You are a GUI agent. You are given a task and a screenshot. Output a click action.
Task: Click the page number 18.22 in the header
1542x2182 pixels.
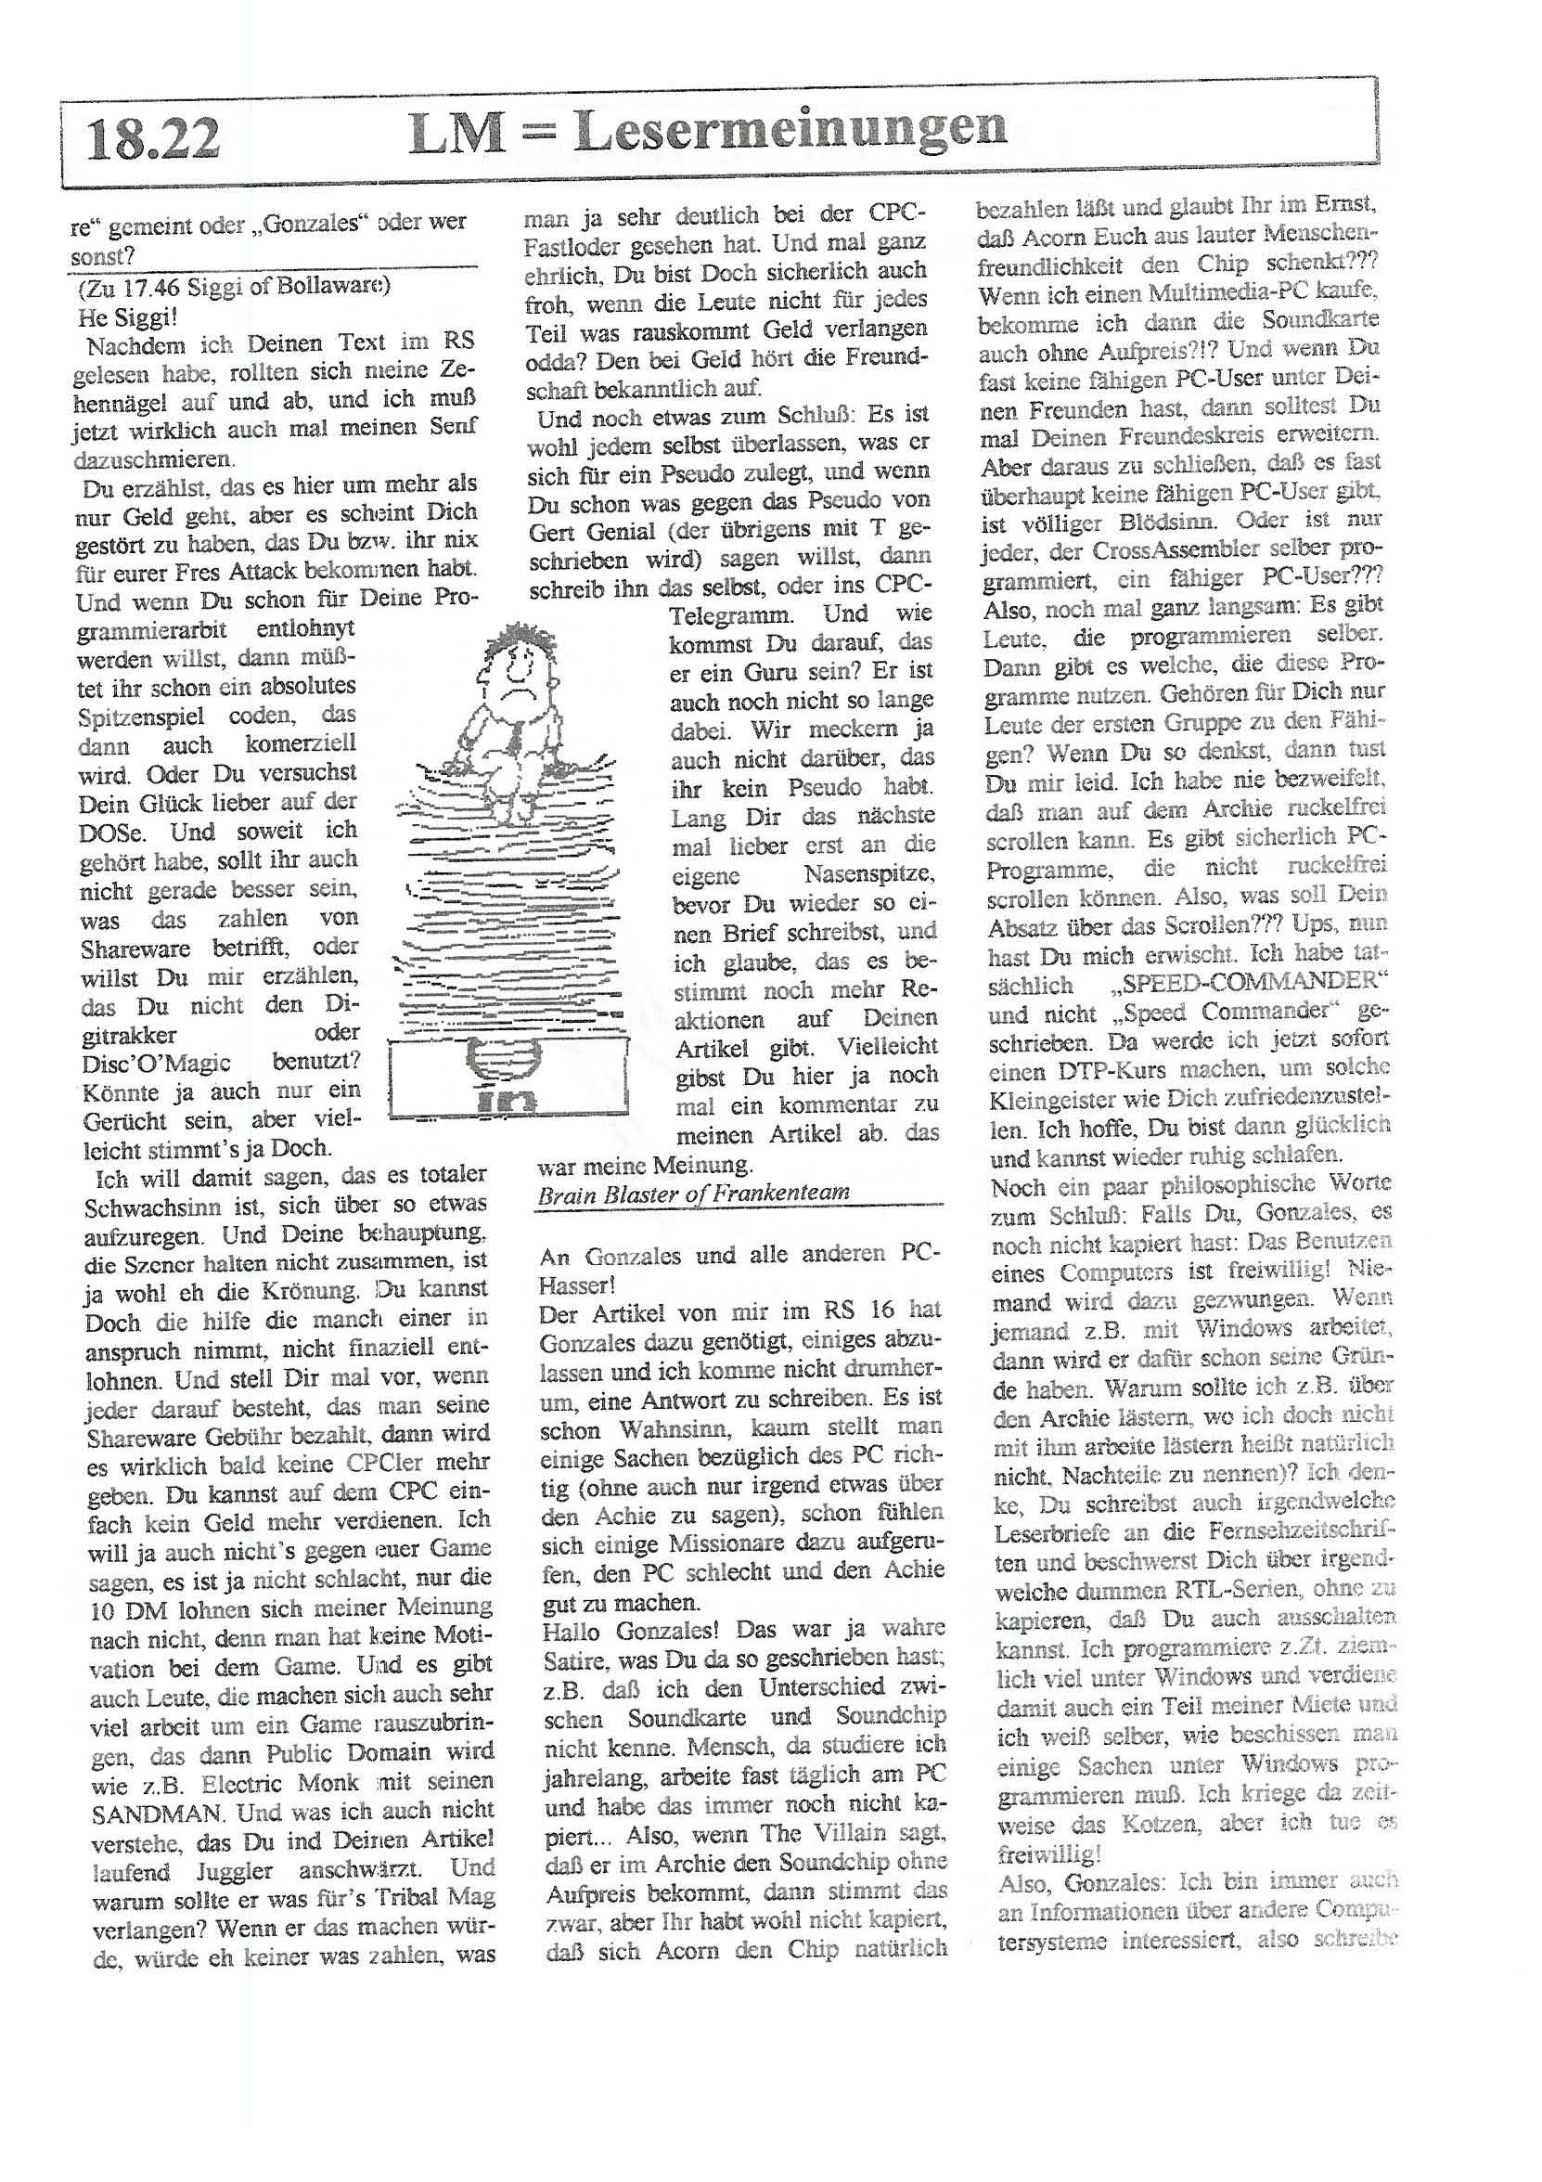pyautogui.click(x=153, y=138)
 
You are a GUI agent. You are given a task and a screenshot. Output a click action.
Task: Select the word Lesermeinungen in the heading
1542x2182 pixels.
pyautogui.click(x=790, y=130)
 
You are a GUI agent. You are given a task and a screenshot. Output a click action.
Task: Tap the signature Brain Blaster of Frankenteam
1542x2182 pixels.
pyautogui.click(x=694, y=1193)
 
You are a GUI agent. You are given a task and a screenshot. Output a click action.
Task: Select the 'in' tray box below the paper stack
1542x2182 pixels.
pyautogui.click(x=508, y=1078)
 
